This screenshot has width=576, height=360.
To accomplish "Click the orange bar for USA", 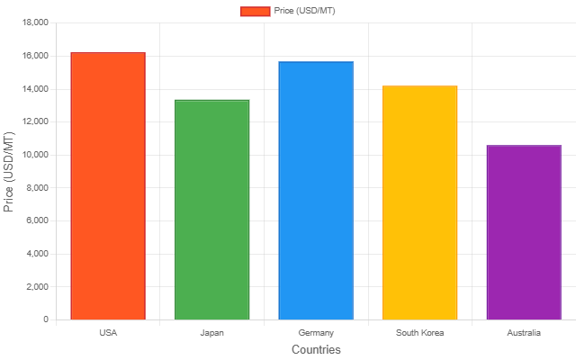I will coord(108,186).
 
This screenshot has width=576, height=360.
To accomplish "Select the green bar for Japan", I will coord(211,210).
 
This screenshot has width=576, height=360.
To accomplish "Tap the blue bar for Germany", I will coord(316,191).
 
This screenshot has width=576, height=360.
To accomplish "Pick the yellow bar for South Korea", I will coord(420,202).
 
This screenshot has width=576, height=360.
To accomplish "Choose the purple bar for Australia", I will coord(524,232).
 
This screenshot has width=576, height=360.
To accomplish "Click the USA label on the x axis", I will coord(108,333).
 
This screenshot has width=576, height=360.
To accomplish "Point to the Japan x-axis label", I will coord(211,333).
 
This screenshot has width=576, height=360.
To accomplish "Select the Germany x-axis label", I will coord(316,333).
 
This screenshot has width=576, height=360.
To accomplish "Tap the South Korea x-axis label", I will coord(420,333).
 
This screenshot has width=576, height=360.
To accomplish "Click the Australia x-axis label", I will coord(524,333).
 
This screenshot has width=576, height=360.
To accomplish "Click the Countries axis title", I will coord(316,349).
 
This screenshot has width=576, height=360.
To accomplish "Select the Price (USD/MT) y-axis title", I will coord(10,171).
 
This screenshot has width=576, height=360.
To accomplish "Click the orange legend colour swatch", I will coord(255,11).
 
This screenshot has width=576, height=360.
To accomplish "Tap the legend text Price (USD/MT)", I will coord(305,11).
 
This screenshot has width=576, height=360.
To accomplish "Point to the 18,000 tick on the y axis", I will coord(33,22).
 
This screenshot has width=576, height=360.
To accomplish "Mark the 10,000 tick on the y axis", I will coord(33,155).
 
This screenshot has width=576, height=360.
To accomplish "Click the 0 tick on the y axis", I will coord(45,319).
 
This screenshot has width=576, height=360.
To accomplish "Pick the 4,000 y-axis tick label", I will coord(35,254).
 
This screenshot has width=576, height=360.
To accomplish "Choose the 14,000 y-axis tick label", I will coord(33,89).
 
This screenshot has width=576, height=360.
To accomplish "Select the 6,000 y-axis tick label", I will coord(35,220).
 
